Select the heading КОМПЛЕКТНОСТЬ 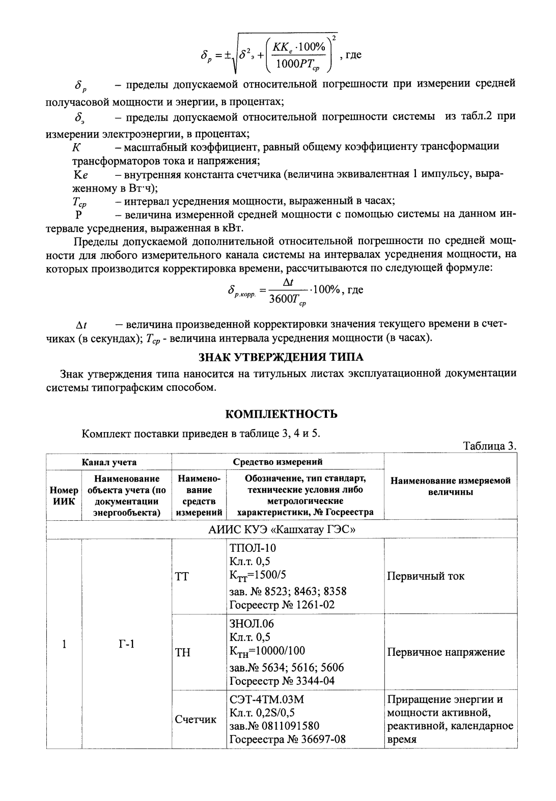coord(281,414)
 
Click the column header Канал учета coord(109,462)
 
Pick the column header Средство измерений coord(277,462)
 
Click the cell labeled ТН coord(183,652)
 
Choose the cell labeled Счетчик coord(196,719)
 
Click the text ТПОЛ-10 coord(253,548)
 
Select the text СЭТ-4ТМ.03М coord(267,699)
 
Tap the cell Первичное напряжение coord(446,652)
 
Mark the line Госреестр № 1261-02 coord(282,605)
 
